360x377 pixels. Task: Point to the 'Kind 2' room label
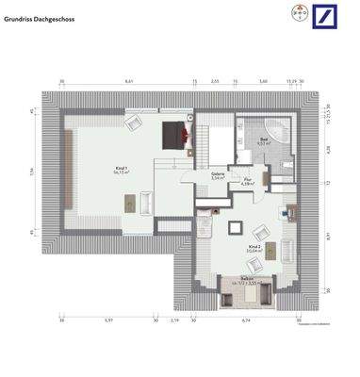tap(253, 248)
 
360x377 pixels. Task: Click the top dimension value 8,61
tap(128, 82)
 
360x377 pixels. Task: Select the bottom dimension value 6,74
tap(247, 321)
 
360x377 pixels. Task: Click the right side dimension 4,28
tap(329, 148)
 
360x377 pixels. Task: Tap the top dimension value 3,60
tap(265, 82)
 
